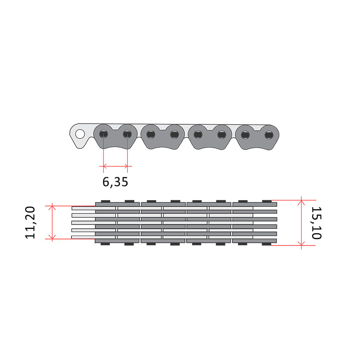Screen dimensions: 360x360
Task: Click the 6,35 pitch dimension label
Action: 115,182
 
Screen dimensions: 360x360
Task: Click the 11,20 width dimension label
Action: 30,223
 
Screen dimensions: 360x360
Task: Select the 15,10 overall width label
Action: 316,223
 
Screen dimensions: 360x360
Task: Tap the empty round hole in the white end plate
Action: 80,134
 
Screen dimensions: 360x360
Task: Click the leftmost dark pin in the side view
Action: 104,134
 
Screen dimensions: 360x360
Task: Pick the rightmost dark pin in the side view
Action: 269,135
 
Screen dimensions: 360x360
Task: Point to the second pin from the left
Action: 127,134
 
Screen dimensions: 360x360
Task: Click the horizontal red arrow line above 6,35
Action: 116,166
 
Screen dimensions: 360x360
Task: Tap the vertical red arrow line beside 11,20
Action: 52,222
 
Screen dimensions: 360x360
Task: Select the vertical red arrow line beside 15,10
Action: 301,223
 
